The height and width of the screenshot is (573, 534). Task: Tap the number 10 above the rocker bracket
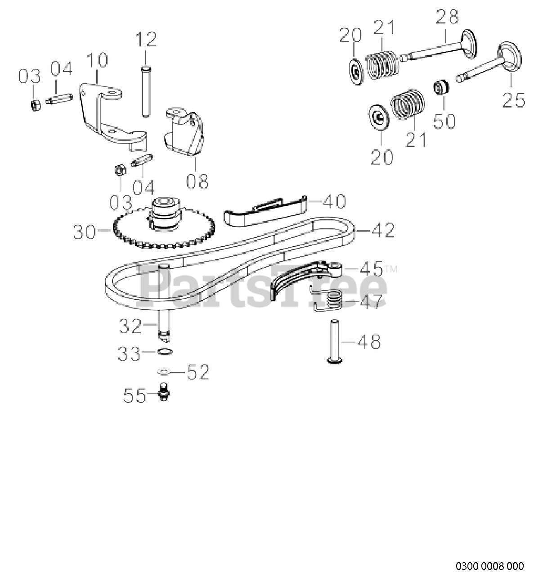(x=97, y=60)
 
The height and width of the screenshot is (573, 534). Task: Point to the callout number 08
(x=197, y=181)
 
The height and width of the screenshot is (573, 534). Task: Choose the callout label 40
(x=333, y=201)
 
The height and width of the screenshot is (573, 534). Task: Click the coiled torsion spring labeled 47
(x=334, y=300)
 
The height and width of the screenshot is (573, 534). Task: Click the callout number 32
(x=130, y=326)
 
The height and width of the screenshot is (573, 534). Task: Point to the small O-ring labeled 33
(x=165, y=352)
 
